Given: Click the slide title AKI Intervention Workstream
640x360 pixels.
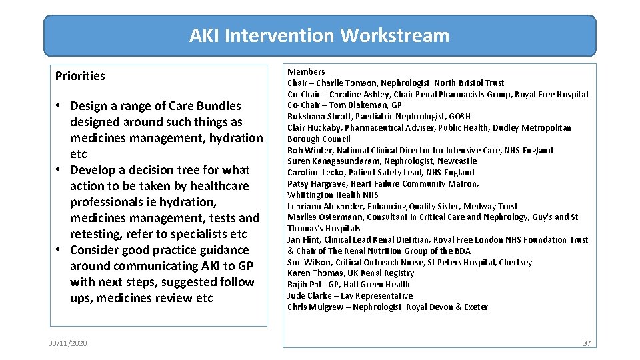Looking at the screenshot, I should click(319, 35).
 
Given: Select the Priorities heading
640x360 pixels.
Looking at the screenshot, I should click(80, 76).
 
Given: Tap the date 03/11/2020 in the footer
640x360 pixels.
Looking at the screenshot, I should click(67, 343).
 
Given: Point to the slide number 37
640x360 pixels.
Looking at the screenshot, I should click(587, 343).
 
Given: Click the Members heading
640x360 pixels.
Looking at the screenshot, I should click(306, 72).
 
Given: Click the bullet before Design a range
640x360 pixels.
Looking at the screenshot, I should click(61, 107).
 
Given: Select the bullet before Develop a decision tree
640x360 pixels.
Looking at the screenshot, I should click(61, 171).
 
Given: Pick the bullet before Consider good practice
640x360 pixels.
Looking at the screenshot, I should click(61, 251).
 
